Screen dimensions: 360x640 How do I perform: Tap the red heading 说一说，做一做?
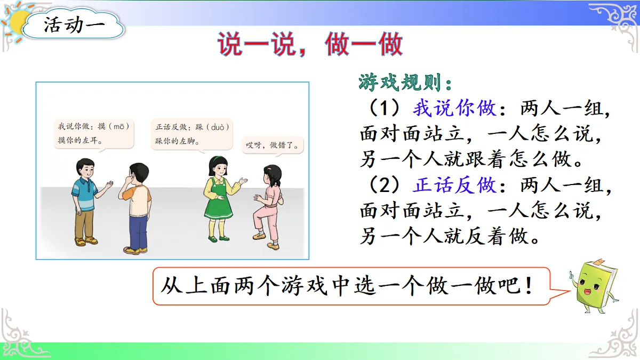(x=310, y=45)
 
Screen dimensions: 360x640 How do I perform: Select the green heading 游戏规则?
(x=406, y=83)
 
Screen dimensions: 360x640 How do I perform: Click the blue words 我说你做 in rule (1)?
(x=454, y=109)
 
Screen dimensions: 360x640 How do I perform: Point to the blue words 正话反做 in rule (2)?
(x=454, y=186)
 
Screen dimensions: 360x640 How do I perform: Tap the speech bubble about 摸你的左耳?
(x=93, y=134)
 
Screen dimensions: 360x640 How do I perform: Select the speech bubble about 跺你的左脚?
(x=191, y=134)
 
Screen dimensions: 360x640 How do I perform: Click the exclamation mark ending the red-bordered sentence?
(x=529, y=287)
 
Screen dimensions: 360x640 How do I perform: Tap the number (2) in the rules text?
(x=385, y=186)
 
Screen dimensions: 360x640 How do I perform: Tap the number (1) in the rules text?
(x=385, y=109)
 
